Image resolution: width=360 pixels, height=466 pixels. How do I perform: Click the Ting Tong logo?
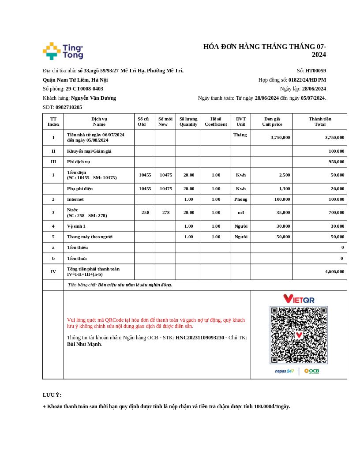tap(63, 51)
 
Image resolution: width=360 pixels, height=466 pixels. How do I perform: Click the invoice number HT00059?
tap(315, 71)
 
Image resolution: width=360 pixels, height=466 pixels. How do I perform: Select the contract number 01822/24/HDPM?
tap(307, 80)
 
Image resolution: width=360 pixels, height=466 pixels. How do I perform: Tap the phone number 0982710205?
tap(69, 107)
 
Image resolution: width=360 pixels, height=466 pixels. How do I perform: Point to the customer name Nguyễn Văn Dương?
tap(94, 98)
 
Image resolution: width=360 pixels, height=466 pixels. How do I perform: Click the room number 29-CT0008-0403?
tap(84, 89)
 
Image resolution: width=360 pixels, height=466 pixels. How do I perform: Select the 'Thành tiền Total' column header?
tap(320, 121)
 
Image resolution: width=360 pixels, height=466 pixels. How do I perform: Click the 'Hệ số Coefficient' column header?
tap(216, 121)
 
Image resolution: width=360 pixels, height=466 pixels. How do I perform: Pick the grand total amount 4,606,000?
tap(334, 271)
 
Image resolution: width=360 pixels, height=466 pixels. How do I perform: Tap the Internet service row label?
tap(75, 199)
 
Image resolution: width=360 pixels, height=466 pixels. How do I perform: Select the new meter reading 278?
tap(166, 212)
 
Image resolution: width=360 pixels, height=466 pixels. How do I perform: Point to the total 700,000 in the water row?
tap(334, 212)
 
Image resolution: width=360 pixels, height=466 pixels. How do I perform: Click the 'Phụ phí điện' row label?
tap(80, 188)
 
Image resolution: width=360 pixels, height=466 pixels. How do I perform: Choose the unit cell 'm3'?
tap(241, 212)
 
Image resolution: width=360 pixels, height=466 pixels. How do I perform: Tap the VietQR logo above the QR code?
tap(299, 299)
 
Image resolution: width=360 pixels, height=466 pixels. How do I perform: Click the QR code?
tap(299, 335)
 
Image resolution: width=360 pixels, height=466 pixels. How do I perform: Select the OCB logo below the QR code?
tap(311, 371)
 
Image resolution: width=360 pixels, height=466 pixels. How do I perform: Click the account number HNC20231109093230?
tap(200, 338)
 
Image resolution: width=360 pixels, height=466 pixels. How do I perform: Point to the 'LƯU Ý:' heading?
tap(52, 395)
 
